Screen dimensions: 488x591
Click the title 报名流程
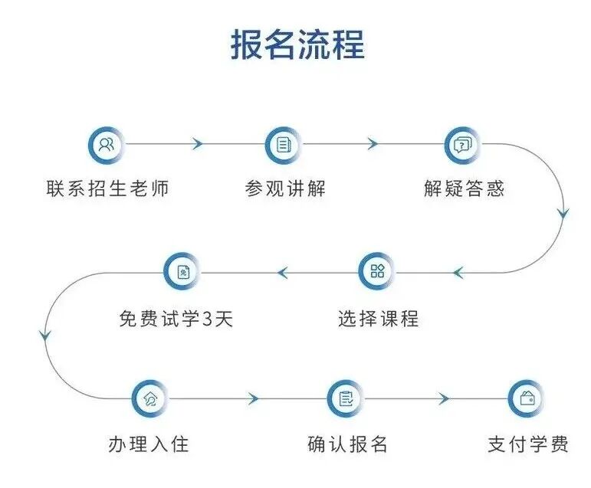(297, 44)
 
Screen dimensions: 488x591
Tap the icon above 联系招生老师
(107, 144)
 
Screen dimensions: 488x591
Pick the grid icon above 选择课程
(378, 271)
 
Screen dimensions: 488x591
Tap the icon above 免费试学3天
(183, 271)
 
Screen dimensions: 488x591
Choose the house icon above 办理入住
(150, 398)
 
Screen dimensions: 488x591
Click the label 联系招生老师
(107, 188)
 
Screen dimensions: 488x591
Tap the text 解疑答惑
(464, 188)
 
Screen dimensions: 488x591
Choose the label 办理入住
(148, 444)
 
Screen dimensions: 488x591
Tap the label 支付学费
(528, 444)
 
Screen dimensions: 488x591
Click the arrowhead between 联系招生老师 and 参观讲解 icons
(198, 144)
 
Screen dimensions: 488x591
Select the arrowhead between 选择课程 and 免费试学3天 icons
(282, 272)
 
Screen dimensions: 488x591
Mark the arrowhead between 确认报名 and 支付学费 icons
(442, 399)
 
